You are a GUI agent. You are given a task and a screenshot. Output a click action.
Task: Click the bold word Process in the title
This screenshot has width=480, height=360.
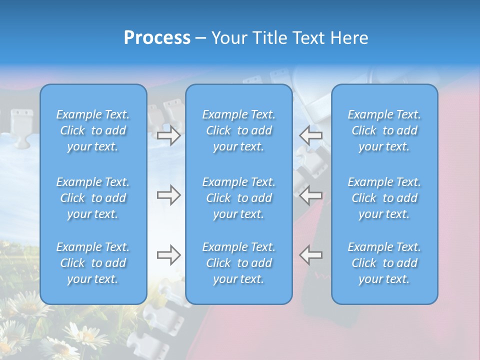click(x=157, y=38)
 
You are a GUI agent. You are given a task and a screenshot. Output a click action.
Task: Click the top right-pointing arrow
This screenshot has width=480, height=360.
click(x=168, y=135)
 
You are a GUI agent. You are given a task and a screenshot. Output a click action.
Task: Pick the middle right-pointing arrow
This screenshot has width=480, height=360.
click(x=168, y=195)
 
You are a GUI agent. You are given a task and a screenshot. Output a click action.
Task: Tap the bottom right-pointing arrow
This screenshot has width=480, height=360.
click(x=168, y=255)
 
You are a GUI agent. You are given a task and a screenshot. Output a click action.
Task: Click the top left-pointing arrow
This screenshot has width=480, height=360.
click(x=311, y=135)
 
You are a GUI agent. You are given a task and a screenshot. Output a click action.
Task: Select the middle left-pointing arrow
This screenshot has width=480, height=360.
click(x=311, y=195)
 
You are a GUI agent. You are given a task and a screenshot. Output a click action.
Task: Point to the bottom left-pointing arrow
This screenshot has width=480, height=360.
click(x=311, y=255)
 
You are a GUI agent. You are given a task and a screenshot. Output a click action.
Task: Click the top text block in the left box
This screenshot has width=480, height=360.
click(x=93, y=130)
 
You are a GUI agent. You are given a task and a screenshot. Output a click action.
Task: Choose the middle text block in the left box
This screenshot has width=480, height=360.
click(x=93, y=198)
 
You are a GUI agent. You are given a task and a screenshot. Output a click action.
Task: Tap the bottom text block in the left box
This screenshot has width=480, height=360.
click(x=93, y=263)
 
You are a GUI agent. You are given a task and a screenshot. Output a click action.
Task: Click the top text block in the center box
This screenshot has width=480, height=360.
click(x=239, y=130)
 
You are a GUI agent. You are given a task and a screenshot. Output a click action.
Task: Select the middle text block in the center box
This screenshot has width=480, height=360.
click(x=239, y=198)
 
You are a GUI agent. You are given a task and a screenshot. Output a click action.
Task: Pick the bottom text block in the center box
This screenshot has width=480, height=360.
click(x=239, y=263)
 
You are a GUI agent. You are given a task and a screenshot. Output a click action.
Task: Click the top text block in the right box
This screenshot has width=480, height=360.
click(x=384, y=130)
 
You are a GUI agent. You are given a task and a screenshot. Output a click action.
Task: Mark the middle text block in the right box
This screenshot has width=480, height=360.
click(x=384, y=198)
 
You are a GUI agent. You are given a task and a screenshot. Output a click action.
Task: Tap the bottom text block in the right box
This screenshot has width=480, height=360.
click(x=384, y=263)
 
